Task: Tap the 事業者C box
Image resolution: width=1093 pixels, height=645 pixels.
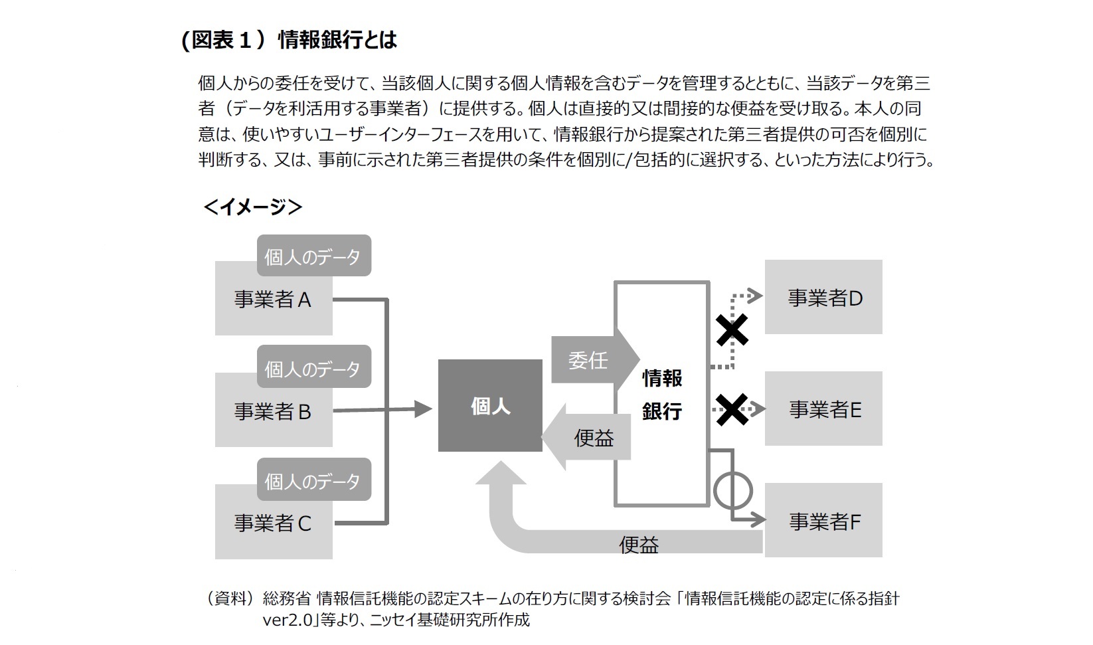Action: [x=273, y=523]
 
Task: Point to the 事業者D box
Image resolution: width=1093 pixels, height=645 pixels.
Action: [x=824, y=298]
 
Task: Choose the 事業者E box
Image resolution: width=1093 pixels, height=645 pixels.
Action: [x=824, y=409]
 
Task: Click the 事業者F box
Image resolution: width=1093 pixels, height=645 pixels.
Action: [x=824, y=521]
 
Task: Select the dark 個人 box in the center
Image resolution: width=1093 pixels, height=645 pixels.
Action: [x=490, y=406]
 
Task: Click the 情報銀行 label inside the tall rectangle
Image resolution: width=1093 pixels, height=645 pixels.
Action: [x=662, y=395]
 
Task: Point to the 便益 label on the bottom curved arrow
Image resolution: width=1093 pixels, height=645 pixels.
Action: [x=639, y=545]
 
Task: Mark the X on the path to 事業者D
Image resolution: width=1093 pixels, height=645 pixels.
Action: [x=732, y=329]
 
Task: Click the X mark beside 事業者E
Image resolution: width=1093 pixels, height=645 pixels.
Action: [x=732, y=409]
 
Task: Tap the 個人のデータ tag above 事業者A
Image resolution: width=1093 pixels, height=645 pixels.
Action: [x=313, y=256]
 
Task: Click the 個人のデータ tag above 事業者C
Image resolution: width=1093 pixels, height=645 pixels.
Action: [x=313, y=480]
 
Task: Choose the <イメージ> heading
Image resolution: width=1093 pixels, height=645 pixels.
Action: [x=253, y=207]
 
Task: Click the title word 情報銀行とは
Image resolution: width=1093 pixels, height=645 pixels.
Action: [x=337, y=40]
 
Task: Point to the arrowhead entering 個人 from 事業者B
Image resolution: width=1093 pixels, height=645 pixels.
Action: [x=423, y=409]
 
